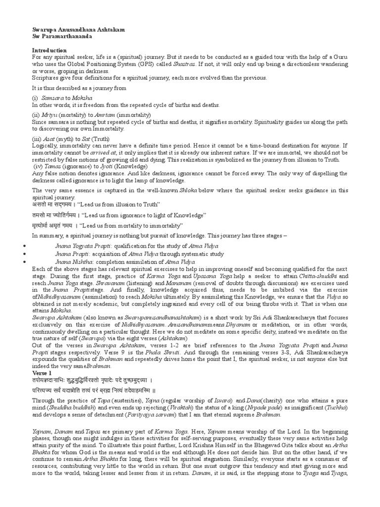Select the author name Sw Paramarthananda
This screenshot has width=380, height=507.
(x=62, y=37)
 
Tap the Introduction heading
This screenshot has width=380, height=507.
(x=49, y=51)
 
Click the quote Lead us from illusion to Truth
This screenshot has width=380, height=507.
(x=113, y=205)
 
